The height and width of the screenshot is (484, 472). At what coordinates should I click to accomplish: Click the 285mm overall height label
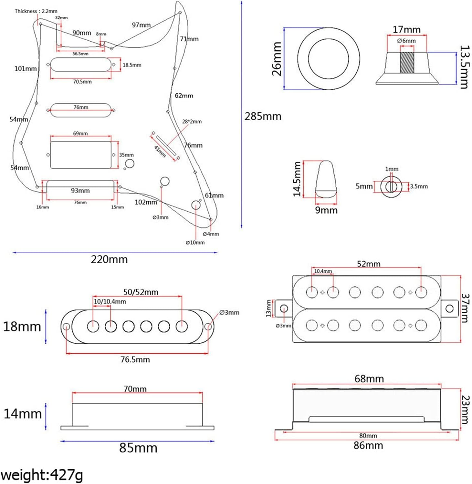(263, 116)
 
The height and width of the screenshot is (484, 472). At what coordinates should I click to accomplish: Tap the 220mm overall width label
(109, 259)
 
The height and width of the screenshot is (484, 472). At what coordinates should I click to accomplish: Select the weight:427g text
(42, 475)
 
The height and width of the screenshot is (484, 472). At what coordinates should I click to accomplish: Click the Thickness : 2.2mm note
(36, 11)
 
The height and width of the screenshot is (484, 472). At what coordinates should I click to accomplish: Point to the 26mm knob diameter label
(277, 59)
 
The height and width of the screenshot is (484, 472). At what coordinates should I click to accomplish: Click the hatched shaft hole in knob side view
(407, 62)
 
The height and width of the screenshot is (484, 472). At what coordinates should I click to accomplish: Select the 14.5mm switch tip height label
(297, 179)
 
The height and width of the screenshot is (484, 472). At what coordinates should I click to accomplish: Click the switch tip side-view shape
(326, 179)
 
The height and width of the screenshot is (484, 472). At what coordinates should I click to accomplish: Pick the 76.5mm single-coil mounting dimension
(135, 359)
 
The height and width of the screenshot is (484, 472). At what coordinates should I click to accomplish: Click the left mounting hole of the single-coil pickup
(67, 327)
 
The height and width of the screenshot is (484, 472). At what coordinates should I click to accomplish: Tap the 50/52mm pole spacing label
(141, 292)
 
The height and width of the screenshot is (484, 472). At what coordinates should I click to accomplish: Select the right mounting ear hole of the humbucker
(449, 309)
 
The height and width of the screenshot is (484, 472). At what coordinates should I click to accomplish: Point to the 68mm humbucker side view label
(369, 378)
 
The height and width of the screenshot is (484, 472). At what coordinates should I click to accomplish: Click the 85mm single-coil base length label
(138, 448)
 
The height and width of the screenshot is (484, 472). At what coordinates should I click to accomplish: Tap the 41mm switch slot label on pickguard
(160, 151)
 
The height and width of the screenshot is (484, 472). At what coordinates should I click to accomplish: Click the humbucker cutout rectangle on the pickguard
(81, 155)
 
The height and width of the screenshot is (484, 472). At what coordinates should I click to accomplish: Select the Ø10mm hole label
(195, 242)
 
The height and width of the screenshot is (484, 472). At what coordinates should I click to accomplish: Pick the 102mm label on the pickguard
(146, 202)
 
